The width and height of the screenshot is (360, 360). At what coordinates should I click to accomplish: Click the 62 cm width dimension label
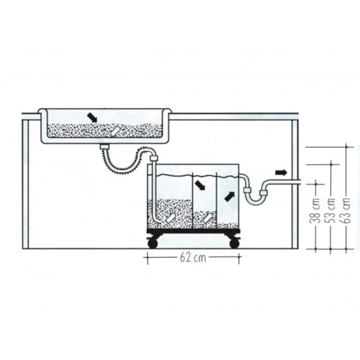tap(193, 258)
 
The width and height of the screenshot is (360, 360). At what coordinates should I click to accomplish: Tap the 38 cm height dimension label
tap(315, 210)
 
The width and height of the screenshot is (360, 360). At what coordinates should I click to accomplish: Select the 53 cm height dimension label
tap(330, 210)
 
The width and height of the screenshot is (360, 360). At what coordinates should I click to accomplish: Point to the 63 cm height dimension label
tap(346, 210)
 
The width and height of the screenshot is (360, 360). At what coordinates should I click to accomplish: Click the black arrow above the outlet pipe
tap(281, 172)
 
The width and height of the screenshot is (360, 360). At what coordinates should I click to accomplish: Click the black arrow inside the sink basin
tap(92, 117)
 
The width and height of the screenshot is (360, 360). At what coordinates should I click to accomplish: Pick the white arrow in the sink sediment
tap(114, 131)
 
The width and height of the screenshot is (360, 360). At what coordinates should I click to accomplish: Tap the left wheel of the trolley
tap(153, 243)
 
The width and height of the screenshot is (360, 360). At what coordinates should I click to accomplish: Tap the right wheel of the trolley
tap(235, 243)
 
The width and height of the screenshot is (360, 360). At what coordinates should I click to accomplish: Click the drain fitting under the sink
tap(104, 146)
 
